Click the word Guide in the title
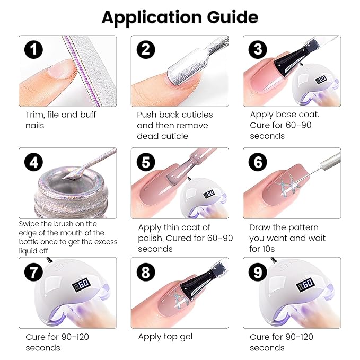pos(232,17)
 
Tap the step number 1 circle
pos(33,49)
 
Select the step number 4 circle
pos(33,162)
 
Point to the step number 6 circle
pos(258,162)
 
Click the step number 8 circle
pos(146,273)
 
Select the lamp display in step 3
pos(321,80)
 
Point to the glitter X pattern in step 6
pos(287,186)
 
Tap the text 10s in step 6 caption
pos(268,249)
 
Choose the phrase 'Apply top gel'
pos(165,337)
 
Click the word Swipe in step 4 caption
pos(28,224)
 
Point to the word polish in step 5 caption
pos(151,239)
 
